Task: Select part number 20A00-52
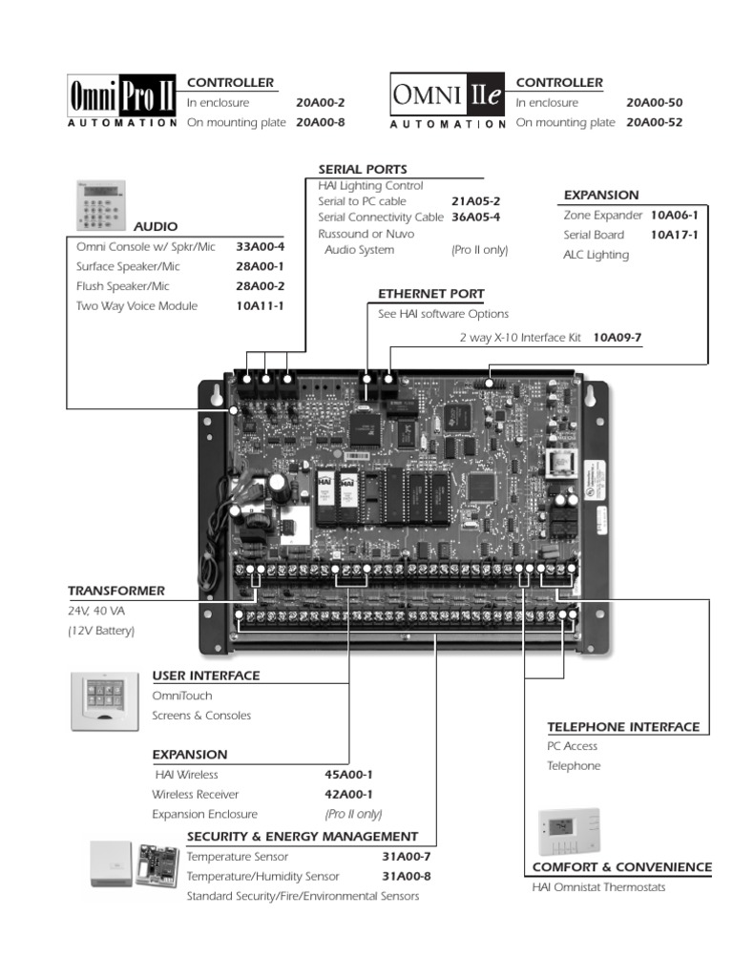(x=654, y=122)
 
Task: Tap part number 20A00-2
(x=321, y=102)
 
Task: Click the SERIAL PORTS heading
(x=363, y=169)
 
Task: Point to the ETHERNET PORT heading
(x=430, y=294)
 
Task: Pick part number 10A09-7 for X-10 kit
(x=618, y=337)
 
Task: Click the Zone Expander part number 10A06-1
(x=675, y=216)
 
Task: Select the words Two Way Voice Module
(x=136, y=305)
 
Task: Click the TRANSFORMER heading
(x=116, y=591)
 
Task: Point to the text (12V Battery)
(x=101, y=631)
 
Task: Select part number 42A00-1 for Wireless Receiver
(x=348, y=794)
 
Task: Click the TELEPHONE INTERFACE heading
(x=623, y=727)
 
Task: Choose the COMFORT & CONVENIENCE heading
(x=621, y=867)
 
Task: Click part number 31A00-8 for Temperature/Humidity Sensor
(x=407, y=876)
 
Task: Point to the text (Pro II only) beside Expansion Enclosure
(x=353, y=814)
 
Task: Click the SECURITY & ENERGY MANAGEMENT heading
(x=303, y=837)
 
